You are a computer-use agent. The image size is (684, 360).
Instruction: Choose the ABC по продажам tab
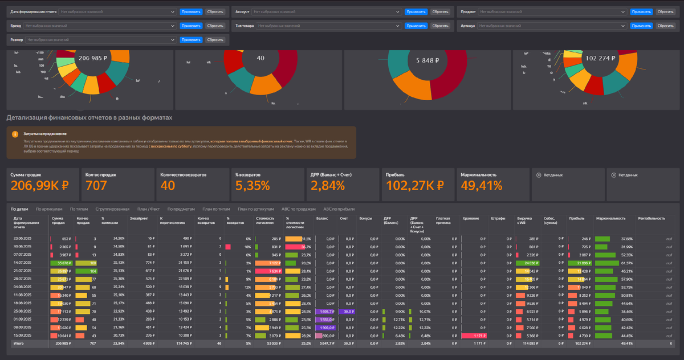point(299,209)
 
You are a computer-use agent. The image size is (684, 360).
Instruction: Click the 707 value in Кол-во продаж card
point(96,185)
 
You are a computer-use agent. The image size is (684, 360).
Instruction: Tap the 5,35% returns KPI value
point(251,185)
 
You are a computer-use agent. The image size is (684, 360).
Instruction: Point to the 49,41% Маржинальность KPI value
point(481,185)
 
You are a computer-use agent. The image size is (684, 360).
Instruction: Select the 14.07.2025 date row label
point(22,263)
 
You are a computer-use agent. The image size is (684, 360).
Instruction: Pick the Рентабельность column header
point(651,218)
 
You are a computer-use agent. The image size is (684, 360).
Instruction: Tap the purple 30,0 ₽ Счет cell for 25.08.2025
point(345,312)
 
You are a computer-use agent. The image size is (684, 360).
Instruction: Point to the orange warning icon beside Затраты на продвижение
point(15,134)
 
